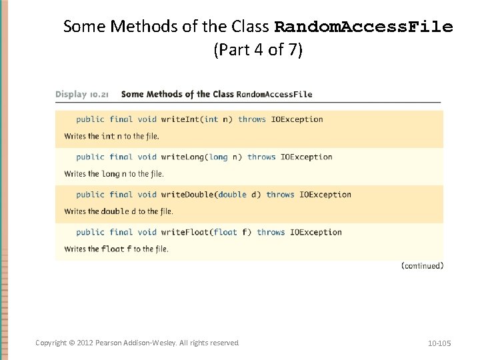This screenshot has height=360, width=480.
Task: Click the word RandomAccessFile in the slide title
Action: tap(363, 27)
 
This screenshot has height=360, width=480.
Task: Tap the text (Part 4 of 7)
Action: tap(258, 50)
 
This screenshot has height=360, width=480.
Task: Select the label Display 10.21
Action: tap(82, 94)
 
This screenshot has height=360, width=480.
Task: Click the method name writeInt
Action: tap(181, 119)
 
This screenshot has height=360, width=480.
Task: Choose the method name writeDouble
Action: tap(189, 195)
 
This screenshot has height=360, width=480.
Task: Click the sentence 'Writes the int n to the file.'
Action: tap(111, 136)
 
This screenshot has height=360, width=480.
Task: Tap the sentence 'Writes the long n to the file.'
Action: tap(113, 174)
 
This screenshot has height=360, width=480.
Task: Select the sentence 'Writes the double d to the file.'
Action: tap(118, 211)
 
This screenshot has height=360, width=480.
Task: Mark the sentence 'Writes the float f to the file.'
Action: tap(116, 249)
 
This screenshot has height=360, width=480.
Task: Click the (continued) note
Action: tap(422, 265)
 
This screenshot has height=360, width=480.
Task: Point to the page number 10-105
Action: tap(439, 343)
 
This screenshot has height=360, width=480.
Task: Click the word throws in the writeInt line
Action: tap(251, 119)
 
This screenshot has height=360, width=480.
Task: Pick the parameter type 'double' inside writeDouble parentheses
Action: tap(232, 195)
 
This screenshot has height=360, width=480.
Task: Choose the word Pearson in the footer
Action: tap(108, 343)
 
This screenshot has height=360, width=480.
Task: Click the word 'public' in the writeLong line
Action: tap(90, 157)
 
